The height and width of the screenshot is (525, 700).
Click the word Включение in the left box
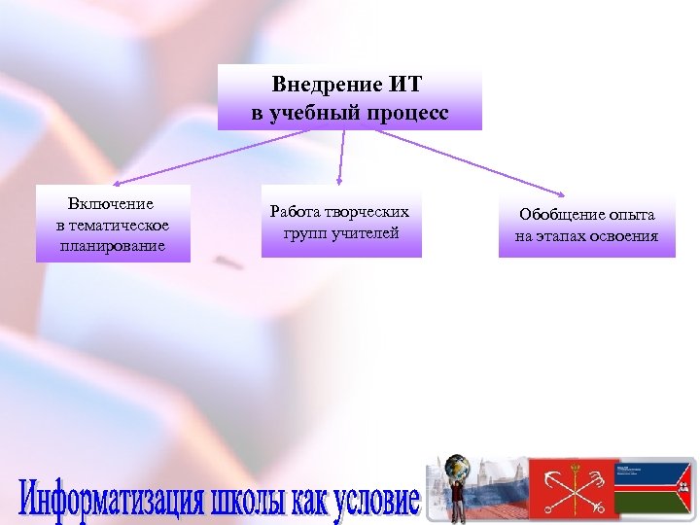(x=111, y=204)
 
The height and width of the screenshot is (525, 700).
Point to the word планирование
(x=111, y=246)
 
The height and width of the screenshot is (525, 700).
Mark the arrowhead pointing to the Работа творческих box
(x=338, y=182)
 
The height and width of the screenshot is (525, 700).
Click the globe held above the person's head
(x=456, y=468)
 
